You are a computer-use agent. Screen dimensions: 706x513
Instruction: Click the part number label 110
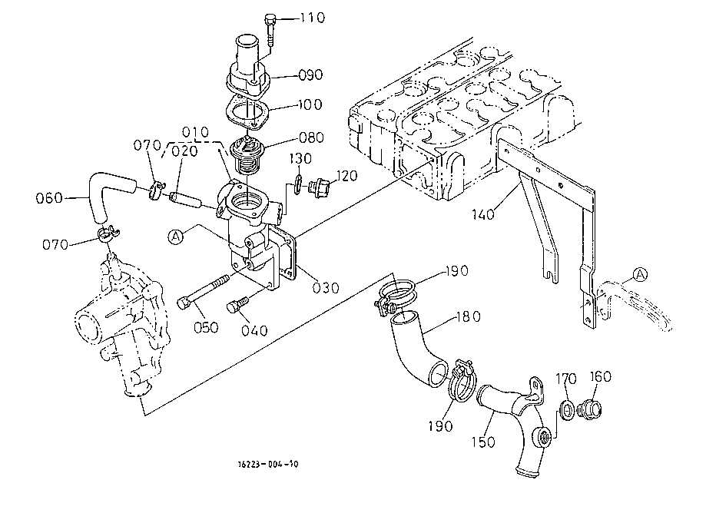tap(313, 18)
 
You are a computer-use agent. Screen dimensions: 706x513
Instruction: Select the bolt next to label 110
tap(270, 30)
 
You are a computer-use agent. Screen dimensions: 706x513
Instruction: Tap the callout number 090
tap(310, 74)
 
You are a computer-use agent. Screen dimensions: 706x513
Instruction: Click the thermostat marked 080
tap(247, 156)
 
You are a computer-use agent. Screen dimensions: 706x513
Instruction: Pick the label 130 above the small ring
tap(300, 159)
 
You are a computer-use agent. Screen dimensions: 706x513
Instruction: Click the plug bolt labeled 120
tap(320, 187)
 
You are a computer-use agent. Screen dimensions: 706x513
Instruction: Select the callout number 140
tap(483, 214)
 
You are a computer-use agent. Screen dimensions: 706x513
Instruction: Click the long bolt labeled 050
tap(204, 292)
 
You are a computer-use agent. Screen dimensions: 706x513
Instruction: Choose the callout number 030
tap(326, 288)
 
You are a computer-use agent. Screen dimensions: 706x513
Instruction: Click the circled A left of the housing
tap(176, 237)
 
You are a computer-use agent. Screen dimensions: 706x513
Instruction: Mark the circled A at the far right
tap(640, 274)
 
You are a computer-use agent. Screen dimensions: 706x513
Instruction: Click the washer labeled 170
tap(567, 409)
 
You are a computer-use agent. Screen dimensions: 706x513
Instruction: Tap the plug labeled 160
tap(590, 409)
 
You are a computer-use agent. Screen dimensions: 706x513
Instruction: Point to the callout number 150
tap(483, 442)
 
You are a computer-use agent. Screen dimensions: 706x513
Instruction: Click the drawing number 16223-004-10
tap(268, 464)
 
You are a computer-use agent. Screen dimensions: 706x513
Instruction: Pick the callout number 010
tap(195, 132)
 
